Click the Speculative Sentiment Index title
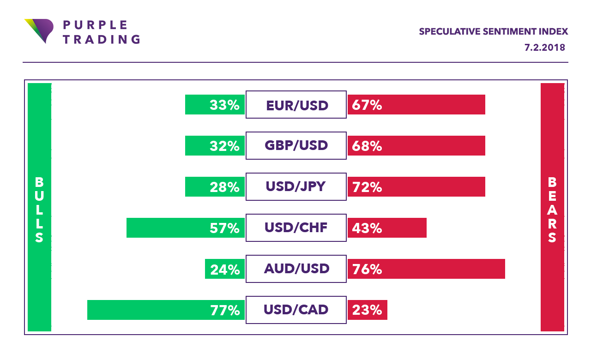(x=493, y=32)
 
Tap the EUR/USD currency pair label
(x=296, y=105)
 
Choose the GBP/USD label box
(x=296, y=146)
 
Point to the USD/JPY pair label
(x=296, y=187)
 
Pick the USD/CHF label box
(x=296, y=228)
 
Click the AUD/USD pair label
(x=296, y=269)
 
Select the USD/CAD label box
(x=296, y=310)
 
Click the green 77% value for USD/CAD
(x=225, y=310)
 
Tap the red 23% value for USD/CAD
(x=367, y=310)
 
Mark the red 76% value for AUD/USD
(x=367, y=269)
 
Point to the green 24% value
(x=225, y=269)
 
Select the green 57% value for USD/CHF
(x=225, y=228)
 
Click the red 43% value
(x=367, y=228)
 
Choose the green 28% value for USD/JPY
(x=225, y=187)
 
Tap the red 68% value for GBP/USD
(x=367, y=146)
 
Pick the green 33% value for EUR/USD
(x=225, y=105)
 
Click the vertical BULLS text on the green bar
(x=39, y=210)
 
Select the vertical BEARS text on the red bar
(x=552, y=210)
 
